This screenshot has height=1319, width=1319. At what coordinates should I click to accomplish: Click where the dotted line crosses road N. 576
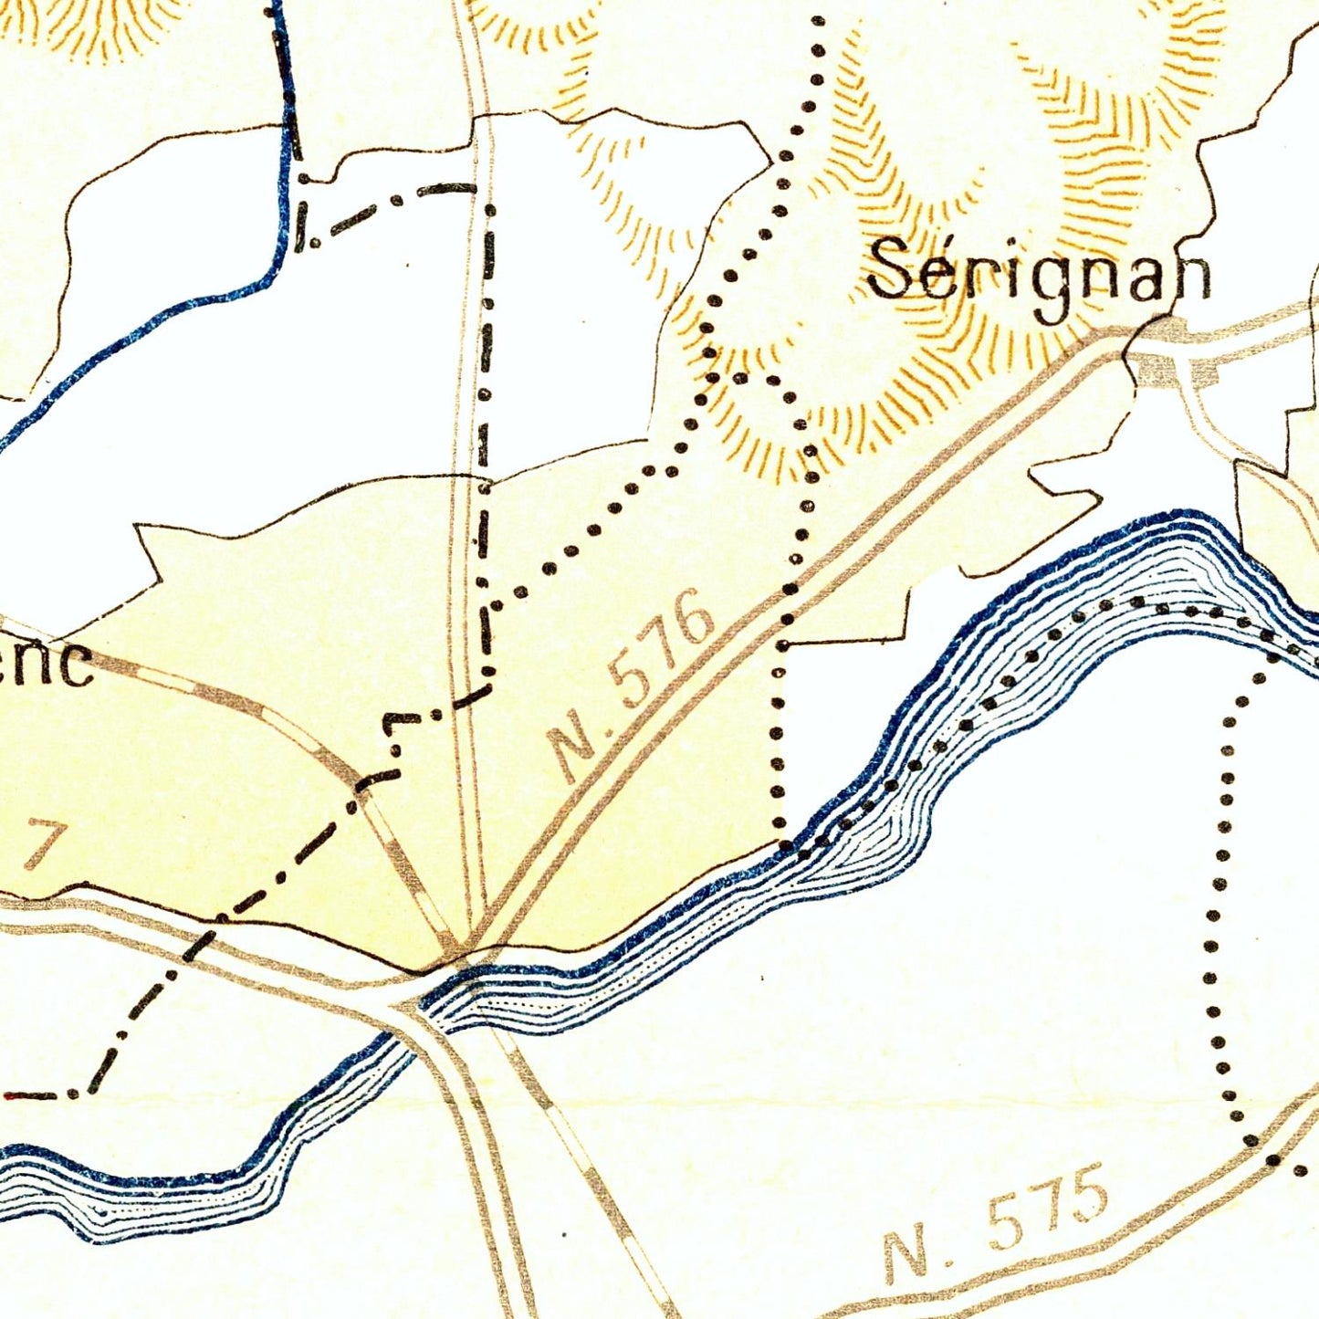(788, 602)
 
